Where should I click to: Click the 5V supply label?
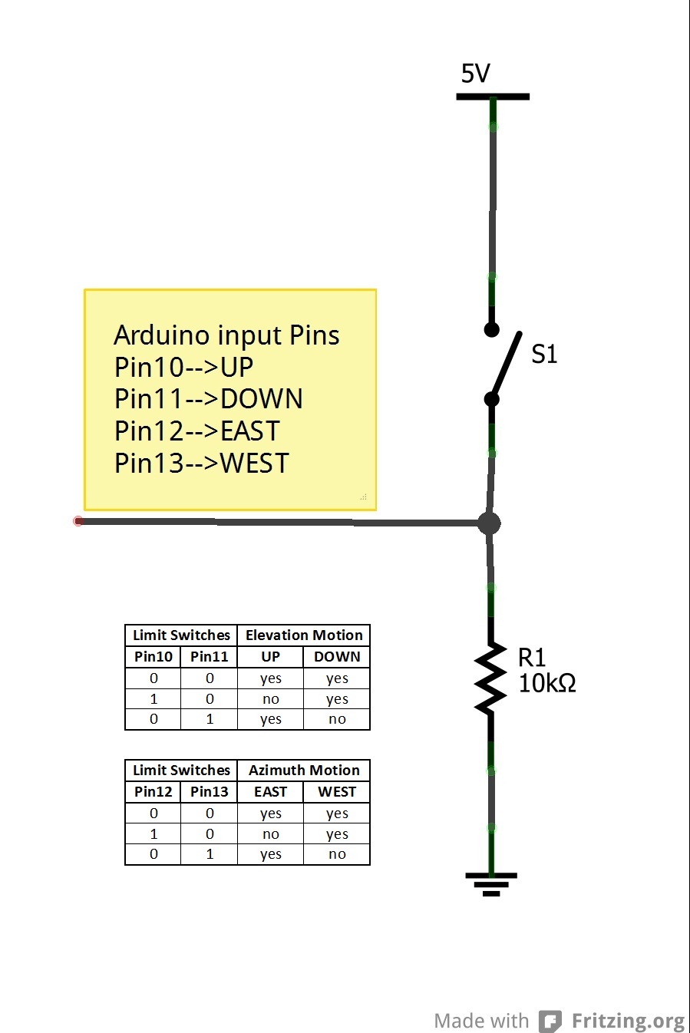click(475, 74)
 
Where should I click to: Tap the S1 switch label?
click(544, 354)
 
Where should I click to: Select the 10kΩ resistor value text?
click(546, 683)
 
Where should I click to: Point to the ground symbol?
click(491, 883)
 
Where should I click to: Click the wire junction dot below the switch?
click(489, 523)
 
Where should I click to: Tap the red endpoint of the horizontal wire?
click(78, 521)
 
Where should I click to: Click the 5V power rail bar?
click(493, 97)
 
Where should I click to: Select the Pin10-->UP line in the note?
click(183, 367)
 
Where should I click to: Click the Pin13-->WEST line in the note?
click(201, 464)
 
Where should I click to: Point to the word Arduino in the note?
click(161, 335)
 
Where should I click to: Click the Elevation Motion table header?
click(304, 635)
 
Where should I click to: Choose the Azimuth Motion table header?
click(304, 771)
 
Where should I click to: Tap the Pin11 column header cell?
click(210, 657)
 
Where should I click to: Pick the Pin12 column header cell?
click(154, 792)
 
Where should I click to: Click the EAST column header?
click(271, 792)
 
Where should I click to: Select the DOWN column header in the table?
click(337, 657)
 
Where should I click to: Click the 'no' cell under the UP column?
click(271, 699)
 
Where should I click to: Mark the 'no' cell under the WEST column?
click(337, 854)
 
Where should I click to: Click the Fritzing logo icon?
click(550, 1021)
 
